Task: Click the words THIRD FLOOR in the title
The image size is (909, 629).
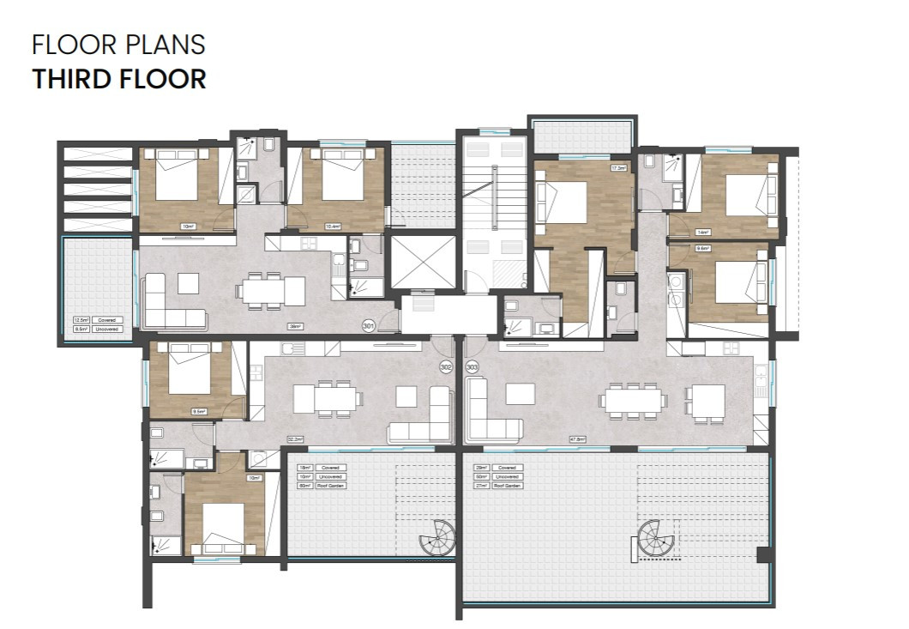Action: click(x=119, y=79)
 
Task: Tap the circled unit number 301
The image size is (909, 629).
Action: click(x=369, y=326)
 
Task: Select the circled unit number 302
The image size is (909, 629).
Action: click(x=445, y=366)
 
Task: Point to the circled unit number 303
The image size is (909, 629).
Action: click(x=472, y=366)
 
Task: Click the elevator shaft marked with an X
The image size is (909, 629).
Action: click(x=424, y=262)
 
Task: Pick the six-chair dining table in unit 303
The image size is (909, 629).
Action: click(x=633, y=401)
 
